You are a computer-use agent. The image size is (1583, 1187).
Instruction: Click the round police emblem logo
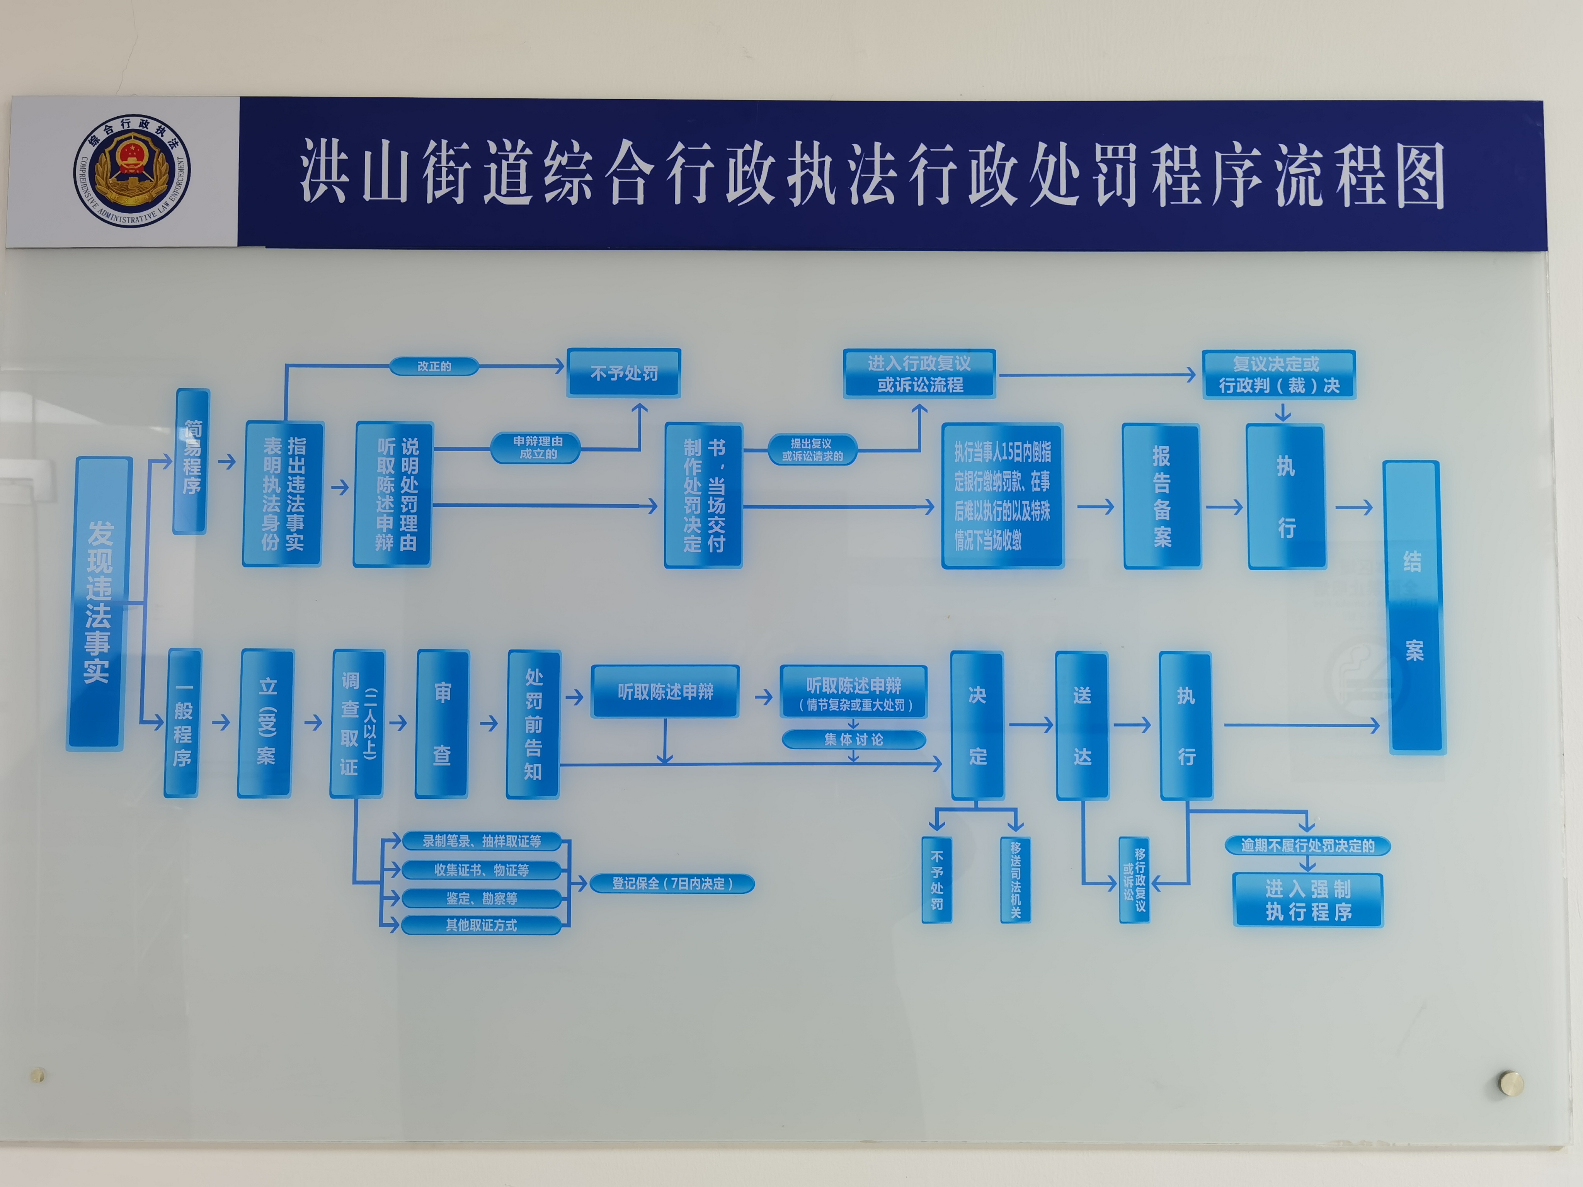point(133,171)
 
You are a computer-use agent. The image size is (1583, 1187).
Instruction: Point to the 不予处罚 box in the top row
point(623,373)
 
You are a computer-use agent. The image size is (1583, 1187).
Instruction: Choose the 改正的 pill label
point(434,366)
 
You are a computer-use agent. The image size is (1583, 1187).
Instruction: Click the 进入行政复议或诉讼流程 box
point(919,374)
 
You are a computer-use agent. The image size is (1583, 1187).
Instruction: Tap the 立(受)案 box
point(266,723)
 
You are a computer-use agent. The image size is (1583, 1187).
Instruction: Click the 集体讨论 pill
point(854,739)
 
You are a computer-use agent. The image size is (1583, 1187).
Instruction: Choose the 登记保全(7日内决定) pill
point(671,884)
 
